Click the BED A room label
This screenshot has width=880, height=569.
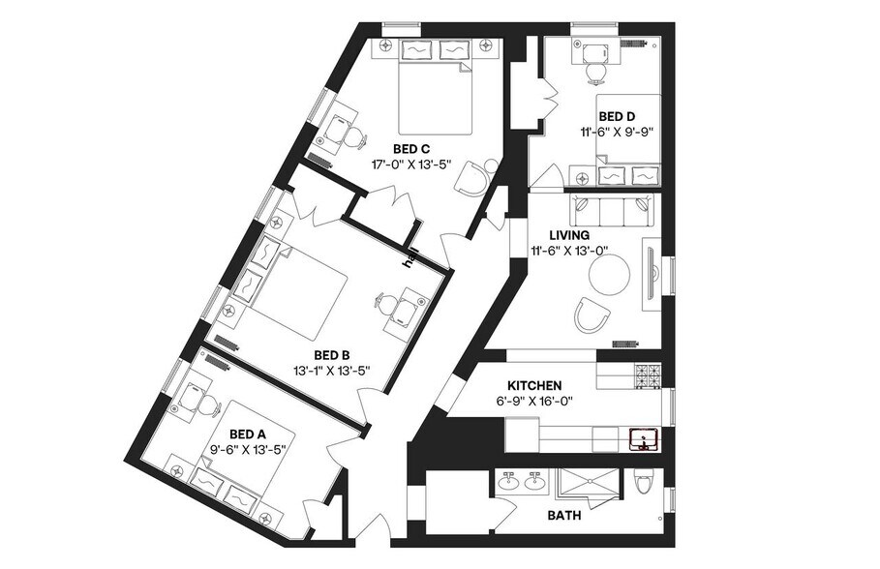pos(247,434)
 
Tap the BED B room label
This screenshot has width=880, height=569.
pos(331,354)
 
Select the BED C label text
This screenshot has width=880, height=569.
pos(410,149)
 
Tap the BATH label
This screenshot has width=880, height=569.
pos(564,516)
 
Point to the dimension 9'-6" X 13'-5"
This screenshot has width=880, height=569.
pos(248,449)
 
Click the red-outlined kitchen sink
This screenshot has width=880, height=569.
pos(643,441)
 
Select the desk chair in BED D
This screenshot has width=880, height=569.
pos(594,69)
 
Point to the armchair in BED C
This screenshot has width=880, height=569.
pos(473,177)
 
